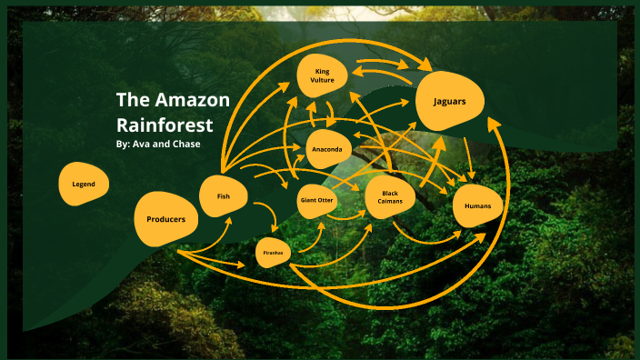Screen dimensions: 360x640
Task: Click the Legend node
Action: [x=84, y=185]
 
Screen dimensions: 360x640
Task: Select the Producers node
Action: [x=165, y=219]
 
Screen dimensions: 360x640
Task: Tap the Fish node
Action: [x=223, y=195]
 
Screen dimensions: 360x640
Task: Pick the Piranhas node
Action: [x=273, y=252]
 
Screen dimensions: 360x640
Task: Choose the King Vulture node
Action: [x=325, y=75]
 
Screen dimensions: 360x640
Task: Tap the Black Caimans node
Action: [x=390, y=197]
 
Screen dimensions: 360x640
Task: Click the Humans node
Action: [x=477, y=206]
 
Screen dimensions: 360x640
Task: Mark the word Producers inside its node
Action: [x=165, y=219]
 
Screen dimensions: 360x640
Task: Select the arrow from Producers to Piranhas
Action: [x=218, y=259]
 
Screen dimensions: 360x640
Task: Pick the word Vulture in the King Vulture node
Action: [x=325, y=81]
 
